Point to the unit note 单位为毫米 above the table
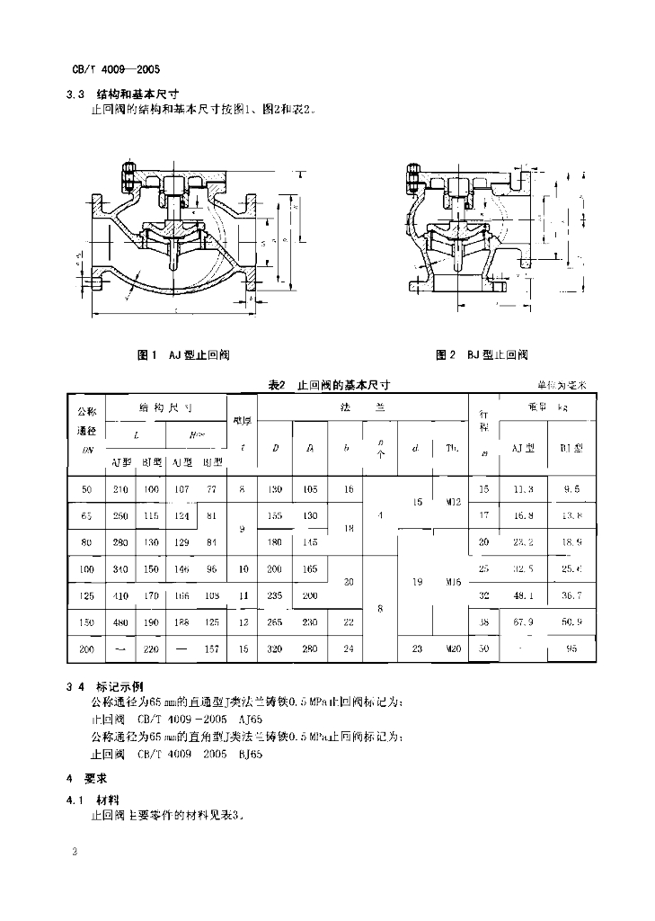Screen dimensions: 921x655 pos(562,385)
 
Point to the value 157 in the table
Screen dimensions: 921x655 pos(212,648)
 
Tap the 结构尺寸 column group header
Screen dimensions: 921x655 pos(166,407)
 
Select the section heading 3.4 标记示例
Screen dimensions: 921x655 pos(105,684)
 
